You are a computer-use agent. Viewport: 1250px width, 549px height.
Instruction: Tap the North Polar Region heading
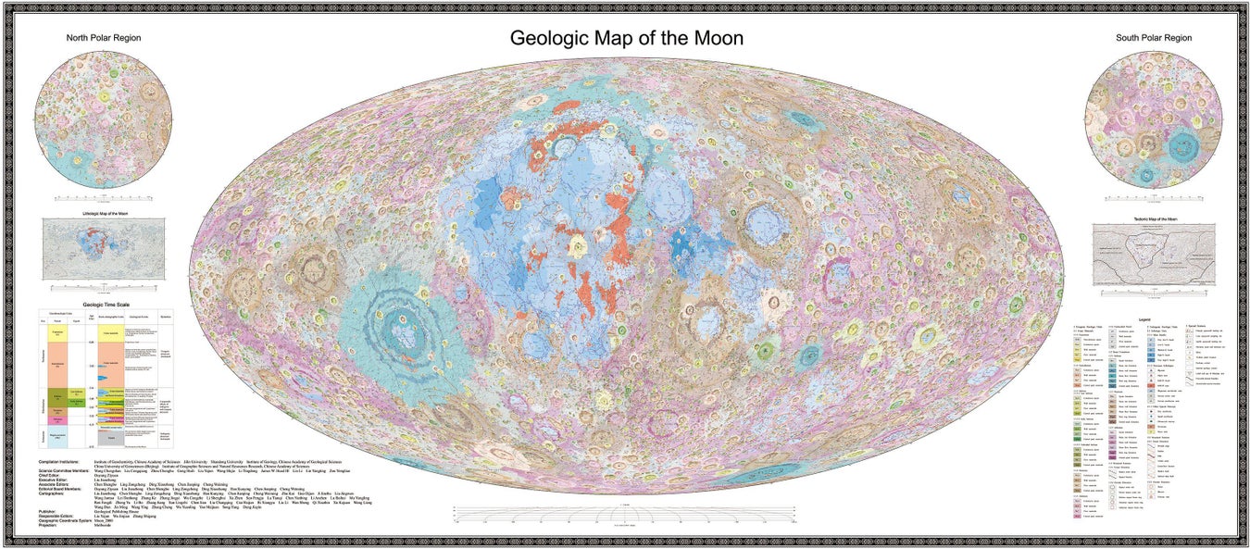104,38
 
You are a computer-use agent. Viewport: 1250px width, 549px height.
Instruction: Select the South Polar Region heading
1153,38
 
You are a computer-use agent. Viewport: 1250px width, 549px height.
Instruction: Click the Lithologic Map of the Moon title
103,213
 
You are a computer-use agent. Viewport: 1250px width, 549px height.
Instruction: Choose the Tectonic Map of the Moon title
1153,218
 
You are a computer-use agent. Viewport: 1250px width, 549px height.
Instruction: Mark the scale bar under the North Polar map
104,198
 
